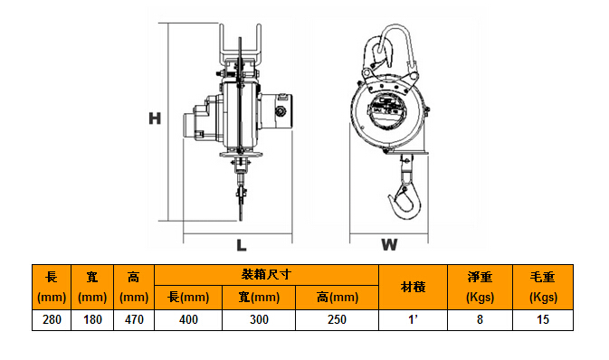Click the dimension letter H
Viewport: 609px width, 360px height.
coord(155,118)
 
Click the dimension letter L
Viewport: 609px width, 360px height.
coord(242,245)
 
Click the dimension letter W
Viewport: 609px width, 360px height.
coord(389,245)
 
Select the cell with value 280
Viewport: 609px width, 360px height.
coord(52,320)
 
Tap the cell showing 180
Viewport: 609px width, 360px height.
coord(92,320)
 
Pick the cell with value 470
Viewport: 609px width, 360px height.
coord(134,320)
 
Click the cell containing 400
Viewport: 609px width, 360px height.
coord(188,320)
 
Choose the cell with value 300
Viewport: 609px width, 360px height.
coord(259,320)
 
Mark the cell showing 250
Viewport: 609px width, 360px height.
coord(338,320)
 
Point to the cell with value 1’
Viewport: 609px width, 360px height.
coord(414,320)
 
